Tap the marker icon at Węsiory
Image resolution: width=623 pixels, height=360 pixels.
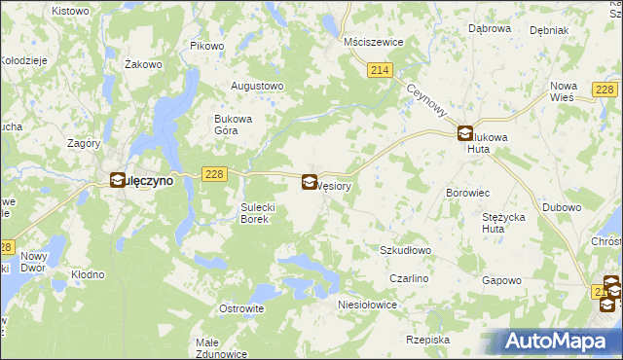[x=310, y=182]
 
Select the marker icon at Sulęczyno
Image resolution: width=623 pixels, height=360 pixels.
[x=118, y=180]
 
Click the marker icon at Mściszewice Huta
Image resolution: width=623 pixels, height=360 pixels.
[x=466, y=135]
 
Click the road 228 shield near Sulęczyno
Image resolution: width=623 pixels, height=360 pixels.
[x=215, y=173]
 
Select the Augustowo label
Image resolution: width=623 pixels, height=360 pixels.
[x=256, y=86]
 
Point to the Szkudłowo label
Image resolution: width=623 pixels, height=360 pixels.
[x=405, y=250]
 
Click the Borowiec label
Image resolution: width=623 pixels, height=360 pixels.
[x=466, y=194]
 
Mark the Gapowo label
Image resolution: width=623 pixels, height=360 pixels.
[x=502, y=280]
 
